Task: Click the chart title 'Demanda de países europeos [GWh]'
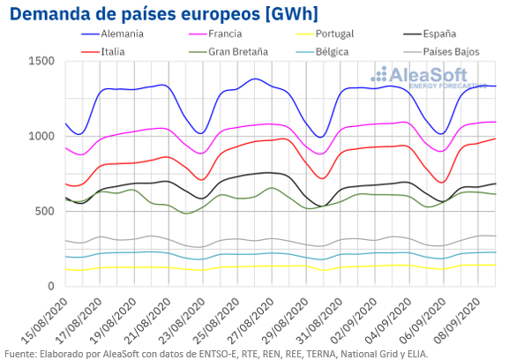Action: pos(164,13)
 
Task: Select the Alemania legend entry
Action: pos(112,34)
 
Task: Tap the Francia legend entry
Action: pos(215,34)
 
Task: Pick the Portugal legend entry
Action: pos(325,34)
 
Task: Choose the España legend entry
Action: pos(430,34)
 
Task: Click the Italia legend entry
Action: pos(103,51)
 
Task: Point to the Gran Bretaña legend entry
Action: pos(228,51)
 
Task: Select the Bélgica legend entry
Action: pos(322,51)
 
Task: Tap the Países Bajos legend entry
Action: pos(441,51)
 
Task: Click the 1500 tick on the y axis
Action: pos(41,61)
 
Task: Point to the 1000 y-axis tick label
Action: pos(41,136)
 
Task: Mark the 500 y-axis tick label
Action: pos(45,212)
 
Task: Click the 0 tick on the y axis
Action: pos(51,286)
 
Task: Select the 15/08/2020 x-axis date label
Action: pos(45,320)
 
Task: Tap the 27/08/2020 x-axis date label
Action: pos(251,320)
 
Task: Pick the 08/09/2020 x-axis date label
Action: pos(457,320)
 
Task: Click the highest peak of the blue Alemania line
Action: pos(255,79)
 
